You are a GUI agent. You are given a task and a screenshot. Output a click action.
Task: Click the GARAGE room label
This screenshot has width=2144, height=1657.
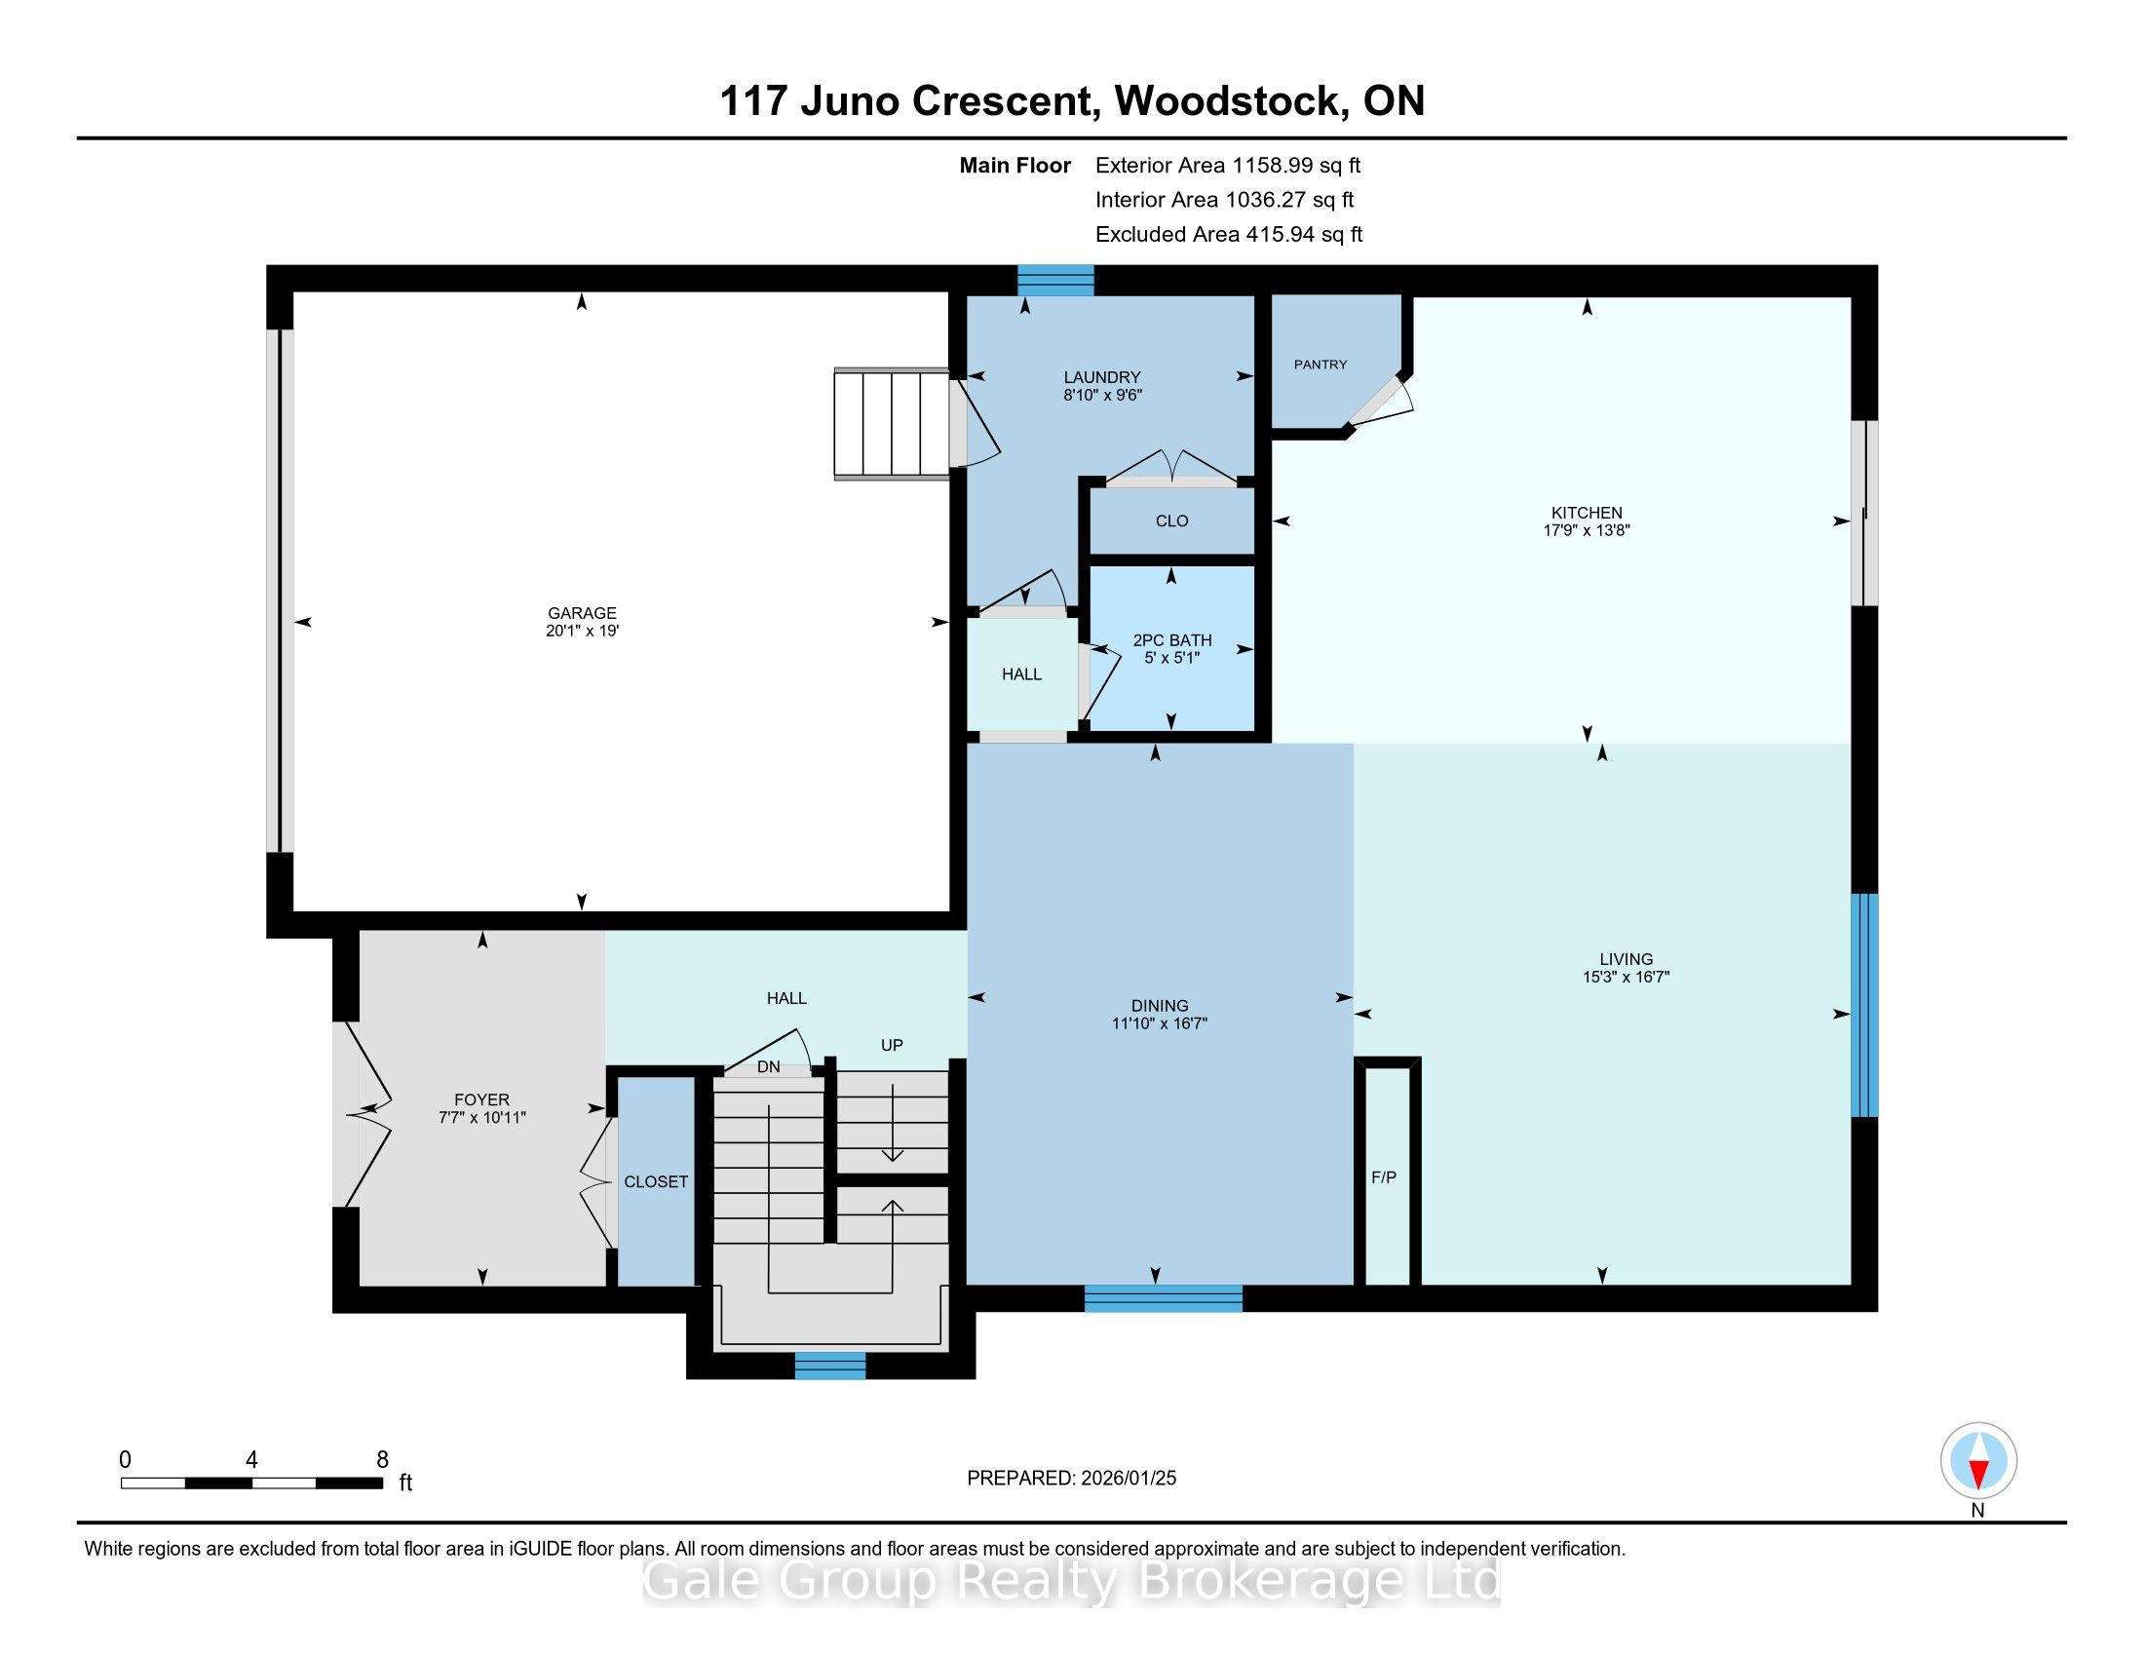click(x=582, y=613)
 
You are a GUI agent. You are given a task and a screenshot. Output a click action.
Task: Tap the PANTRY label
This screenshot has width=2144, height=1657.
click(x=1321, y=365)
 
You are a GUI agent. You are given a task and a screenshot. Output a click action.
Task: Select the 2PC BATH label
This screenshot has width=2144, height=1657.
click(x=1172, y=640)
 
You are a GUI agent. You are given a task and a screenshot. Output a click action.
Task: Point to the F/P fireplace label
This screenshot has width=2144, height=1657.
click(x=1383, y=1177)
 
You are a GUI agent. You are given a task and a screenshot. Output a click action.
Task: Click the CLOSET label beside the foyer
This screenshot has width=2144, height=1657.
click(x=656, y=1182)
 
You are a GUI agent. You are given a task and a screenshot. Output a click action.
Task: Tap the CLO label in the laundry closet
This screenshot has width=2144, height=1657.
click(x=1172, y=521)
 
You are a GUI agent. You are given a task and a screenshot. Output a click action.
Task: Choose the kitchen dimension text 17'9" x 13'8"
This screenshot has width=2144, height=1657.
click(x=1587, y=530)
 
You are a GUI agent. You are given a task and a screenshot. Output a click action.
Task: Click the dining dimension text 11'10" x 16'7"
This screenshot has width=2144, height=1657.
click(x=1160, y=1022)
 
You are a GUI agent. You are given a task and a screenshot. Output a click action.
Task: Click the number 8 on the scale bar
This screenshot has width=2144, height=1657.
click(x=382, y=1460)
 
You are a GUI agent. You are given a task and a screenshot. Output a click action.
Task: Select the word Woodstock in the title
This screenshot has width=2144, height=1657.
click(x=1231, y=101)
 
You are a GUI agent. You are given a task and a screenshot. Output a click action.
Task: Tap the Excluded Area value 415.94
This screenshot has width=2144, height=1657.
click(x=1282, y=235)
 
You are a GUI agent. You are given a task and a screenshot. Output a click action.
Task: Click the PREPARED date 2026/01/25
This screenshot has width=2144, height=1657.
click(x=1127, y=1479)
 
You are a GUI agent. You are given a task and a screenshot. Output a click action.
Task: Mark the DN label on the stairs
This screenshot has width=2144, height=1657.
click(x=769, y=1067)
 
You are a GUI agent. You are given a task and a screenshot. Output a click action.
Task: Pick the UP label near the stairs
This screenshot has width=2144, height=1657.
click(x=892, y=1046)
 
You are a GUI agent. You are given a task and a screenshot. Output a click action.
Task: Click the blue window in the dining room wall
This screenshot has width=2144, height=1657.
click(x=1164, y=1298)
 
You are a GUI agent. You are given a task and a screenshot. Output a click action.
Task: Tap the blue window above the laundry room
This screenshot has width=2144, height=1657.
click(x=1055, y=280)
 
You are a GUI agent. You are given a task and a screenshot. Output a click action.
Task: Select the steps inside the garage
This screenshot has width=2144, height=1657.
click(x=892, y=424)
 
